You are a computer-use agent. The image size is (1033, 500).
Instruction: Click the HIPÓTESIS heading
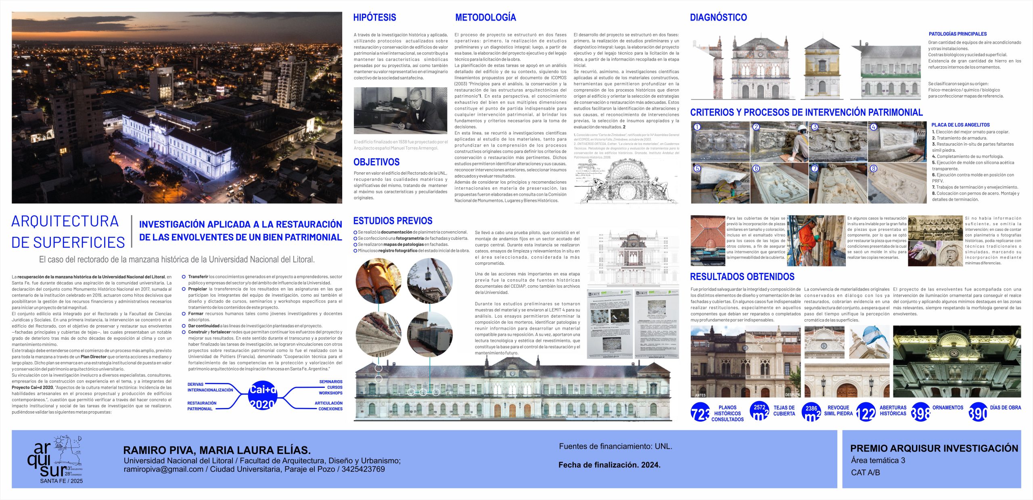(374, 17)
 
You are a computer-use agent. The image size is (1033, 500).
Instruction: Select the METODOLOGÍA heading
(485, 17)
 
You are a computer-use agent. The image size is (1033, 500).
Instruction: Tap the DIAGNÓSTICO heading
(718, 17)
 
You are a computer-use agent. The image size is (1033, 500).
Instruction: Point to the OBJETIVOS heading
(376, 162)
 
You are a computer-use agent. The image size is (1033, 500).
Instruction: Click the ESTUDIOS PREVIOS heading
(393, 221)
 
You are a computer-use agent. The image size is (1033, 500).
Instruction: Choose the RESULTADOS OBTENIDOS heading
(742, 277)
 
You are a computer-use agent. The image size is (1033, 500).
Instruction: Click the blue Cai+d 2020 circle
(263, 396)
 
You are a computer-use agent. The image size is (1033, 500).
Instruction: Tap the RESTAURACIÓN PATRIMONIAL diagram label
(202, 406)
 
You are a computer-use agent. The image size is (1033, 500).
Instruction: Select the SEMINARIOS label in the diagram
(330, 382)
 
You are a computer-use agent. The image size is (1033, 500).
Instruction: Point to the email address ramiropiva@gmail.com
(163, 469)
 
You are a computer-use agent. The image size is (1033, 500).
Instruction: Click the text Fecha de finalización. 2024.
(609, 465)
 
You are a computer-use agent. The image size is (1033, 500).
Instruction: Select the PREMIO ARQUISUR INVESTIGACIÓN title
(934, 448)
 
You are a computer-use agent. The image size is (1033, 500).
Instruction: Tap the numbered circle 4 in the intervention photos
(874, 127)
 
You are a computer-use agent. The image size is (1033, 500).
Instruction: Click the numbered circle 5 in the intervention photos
(697, 169)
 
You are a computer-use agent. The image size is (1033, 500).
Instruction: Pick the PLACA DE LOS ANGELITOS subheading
(960, 125)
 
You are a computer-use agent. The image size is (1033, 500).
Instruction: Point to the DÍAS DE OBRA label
(1005, 408)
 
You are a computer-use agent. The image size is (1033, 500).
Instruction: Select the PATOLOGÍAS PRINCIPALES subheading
(958, 34)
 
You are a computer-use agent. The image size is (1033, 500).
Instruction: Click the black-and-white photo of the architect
(400, 111)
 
